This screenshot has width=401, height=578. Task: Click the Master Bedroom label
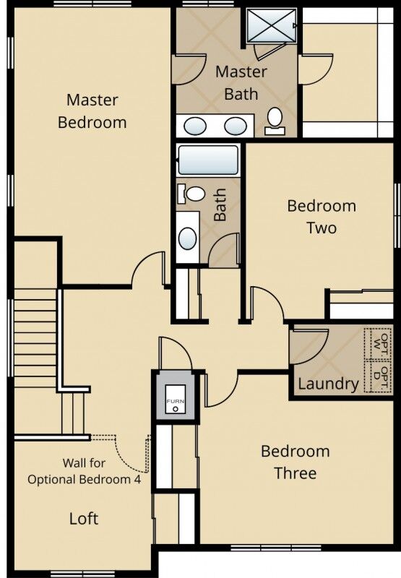click(92, 111)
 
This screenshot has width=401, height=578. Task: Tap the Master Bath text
click(241, 83)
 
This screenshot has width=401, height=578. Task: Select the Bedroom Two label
click(322, 217)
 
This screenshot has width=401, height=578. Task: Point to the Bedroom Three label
click(296, 462)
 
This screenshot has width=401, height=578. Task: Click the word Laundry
click(328, 384)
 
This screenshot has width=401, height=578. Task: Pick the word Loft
click(84, 519)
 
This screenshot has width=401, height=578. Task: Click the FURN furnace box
click(176, 400)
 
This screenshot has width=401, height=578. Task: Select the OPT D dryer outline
click(377, 376)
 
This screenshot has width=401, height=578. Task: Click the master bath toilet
click(275, 121)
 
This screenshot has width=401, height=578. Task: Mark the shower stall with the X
click(270, 25)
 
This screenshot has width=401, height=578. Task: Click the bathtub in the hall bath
click(208, 160)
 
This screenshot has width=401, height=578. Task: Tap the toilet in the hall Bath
click(191, 194)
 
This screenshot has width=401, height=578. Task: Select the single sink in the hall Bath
click(188, 238)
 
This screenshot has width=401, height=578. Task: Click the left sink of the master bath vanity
click(195, 126)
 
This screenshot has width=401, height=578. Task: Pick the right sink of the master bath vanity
click(236, 126)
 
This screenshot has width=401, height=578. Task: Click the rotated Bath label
click(220, 204)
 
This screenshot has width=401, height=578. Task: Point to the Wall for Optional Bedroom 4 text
click(84, 471)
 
